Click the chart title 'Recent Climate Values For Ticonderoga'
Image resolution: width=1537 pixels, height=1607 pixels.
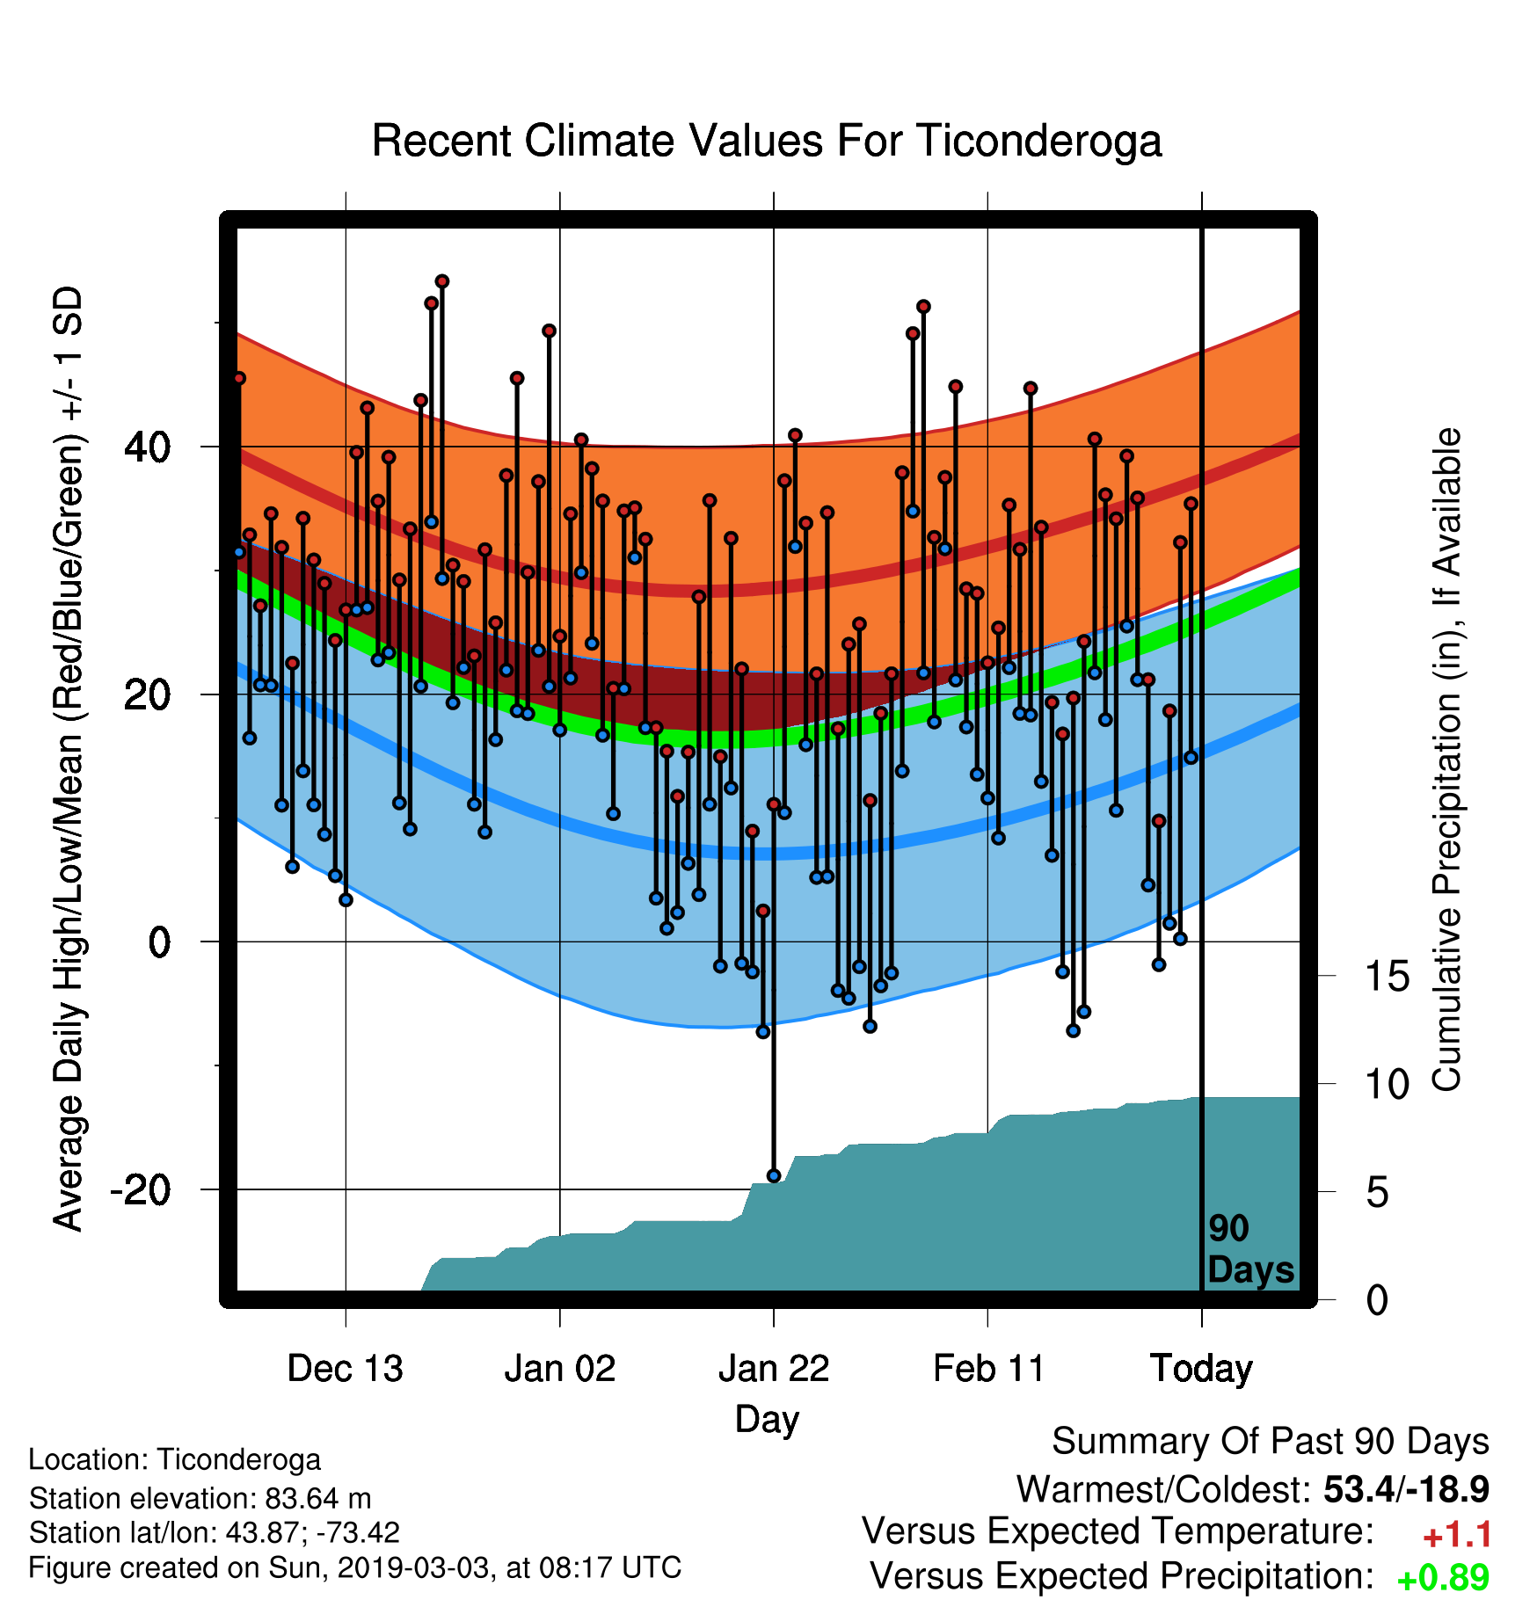767,141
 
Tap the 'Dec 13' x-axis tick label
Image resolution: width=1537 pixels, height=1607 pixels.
346,1369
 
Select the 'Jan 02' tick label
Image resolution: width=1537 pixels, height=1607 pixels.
560,1369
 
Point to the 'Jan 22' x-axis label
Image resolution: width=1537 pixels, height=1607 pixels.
774,1369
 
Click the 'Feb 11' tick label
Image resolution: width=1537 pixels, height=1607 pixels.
988,1369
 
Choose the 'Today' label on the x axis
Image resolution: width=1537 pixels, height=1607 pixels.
1202,1370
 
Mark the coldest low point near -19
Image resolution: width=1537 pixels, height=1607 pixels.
774,1176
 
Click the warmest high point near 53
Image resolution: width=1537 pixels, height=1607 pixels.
442,281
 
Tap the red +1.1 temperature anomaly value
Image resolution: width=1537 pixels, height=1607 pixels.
1457,1535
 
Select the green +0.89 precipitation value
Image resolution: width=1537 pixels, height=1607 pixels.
1443,1578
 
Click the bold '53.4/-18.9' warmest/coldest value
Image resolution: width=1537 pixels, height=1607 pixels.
1406,1489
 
